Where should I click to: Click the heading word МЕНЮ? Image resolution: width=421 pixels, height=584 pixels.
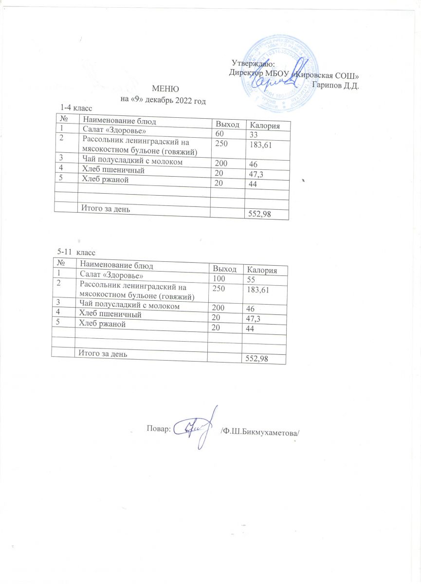166,90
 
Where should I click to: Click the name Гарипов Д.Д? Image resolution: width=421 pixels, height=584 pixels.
335,85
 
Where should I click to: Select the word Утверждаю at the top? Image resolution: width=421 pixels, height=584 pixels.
253,63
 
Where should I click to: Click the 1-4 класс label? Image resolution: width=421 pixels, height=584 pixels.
76,107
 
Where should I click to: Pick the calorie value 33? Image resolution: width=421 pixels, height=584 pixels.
254,135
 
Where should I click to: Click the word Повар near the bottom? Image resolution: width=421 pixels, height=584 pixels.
158,428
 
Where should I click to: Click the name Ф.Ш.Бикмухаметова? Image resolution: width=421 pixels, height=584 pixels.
258,431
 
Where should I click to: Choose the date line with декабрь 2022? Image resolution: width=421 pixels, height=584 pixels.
163,101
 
